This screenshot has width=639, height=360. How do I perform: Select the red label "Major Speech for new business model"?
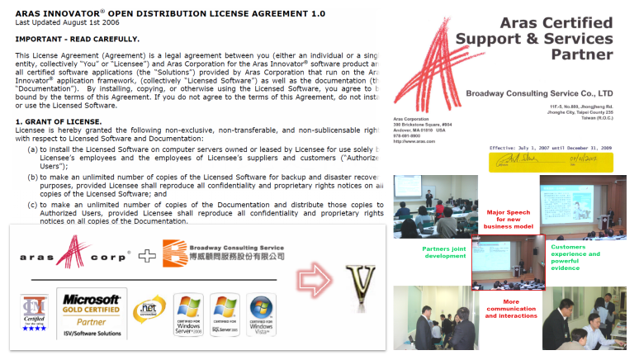[x=507, y=220]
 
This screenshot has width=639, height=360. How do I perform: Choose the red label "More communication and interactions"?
[x=511, y=307]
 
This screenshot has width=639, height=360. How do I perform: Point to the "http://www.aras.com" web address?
[x=415, y=141]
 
